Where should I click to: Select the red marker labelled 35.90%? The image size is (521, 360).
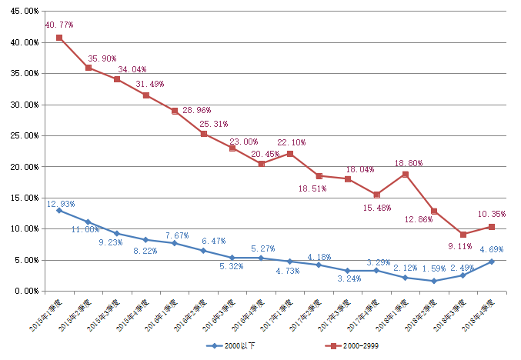click(x=88, y=68)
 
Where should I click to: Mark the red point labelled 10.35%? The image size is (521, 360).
click(x=492, y=227)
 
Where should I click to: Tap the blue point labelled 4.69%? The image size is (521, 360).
click(x=492, y=262)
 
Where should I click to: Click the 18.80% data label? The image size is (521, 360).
click(x=408, y=163)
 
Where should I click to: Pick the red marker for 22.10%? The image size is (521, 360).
click(x=290, y=154)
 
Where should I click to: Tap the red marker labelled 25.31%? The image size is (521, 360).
click(x=203, y=134)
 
